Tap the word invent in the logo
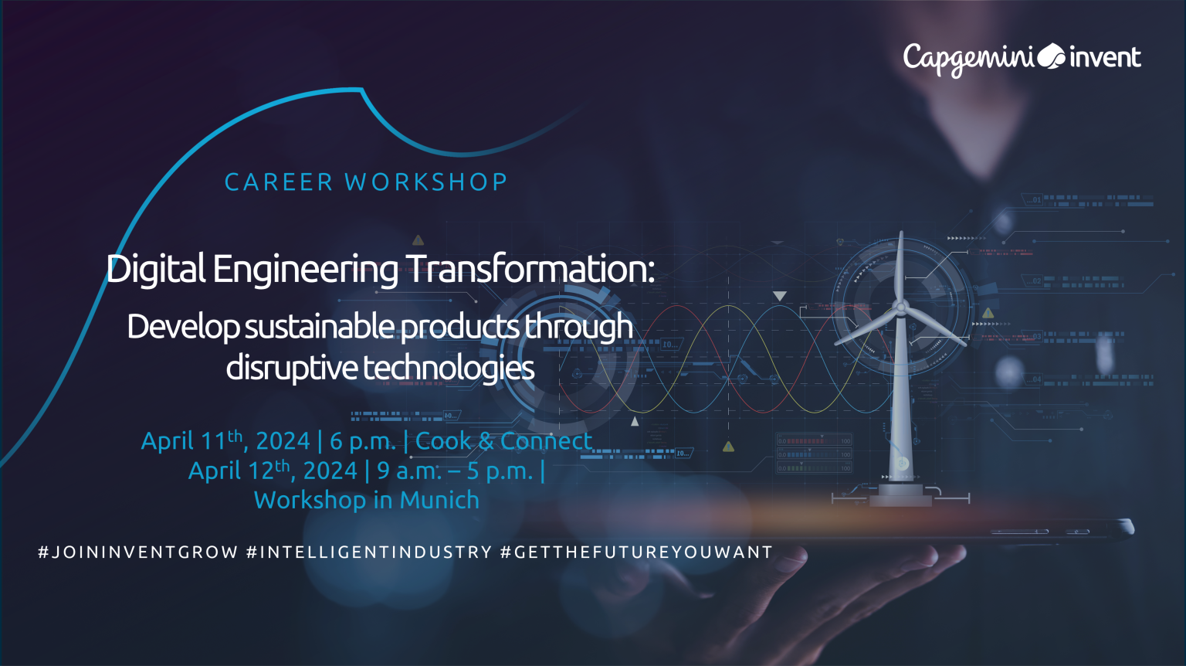point(1105,57)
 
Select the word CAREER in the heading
point(279,182)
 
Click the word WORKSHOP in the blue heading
point(426,182)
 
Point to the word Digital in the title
point(156,269)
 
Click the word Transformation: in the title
point(530,269)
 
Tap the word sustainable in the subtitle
point(320,327)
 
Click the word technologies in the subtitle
point(449,368)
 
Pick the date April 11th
point(191,441)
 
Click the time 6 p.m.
point(362,441)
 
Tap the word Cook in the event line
point(443,441)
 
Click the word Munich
point(439,500)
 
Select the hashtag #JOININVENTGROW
point(138,552)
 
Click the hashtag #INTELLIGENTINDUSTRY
point(369,552)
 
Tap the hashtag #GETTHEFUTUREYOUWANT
point(636,552)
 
